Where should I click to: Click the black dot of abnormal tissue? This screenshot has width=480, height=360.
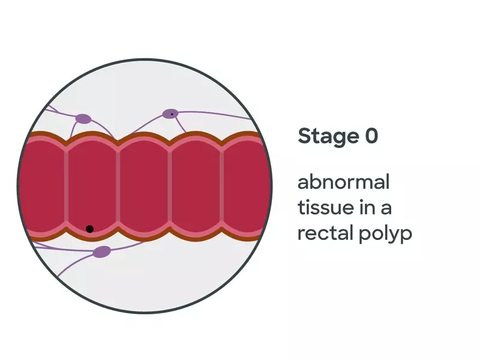pyautogui.click(x=89, y=229)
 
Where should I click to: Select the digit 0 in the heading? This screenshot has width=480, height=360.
pyautogui.click(x=371, y=136)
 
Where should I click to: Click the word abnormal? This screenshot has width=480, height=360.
pyautogui.click(x=344, y=181)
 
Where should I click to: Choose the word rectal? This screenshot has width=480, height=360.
pyautogui.click(x=323, y=233)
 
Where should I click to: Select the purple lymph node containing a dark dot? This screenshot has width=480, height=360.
pyautogui.click(x=172, y=114)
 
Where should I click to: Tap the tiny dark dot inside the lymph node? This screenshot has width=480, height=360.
pyautogui.click(x=172, y=113)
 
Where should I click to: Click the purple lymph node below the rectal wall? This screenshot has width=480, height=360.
pyautogui.click(x=101, y=251)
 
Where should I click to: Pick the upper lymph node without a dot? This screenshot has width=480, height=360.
pyautogui.click(x=83, y=119)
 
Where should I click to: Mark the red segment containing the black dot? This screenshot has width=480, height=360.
pyautogui.click(x=92, y=186)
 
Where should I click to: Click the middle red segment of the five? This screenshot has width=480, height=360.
pyautogui.click(x=145, y=186)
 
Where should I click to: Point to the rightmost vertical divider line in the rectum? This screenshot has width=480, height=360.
pyautogui.click(x=223, y=186)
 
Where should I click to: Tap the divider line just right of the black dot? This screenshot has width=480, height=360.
pyautogui.click(x=118, y=186)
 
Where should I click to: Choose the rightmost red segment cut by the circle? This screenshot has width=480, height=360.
pyautogui.click(x=246, y=186)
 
